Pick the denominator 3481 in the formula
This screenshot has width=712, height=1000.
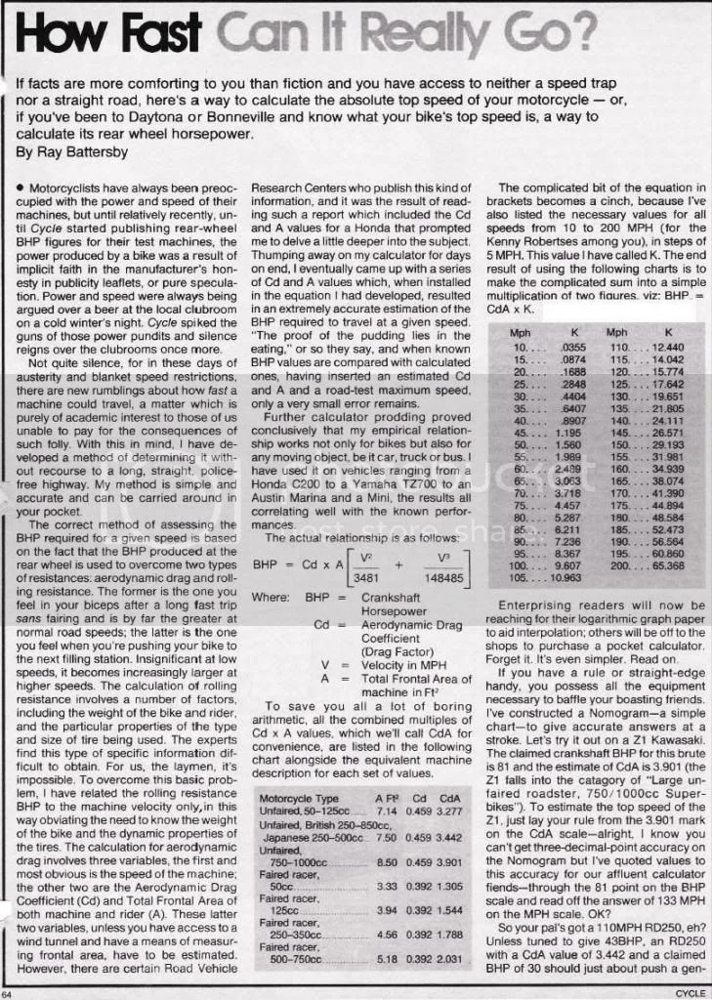tap(341, 576)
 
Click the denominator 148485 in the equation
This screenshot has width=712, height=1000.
tap(440, 576)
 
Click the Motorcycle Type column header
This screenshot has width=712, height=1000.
tap(300, 798)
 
